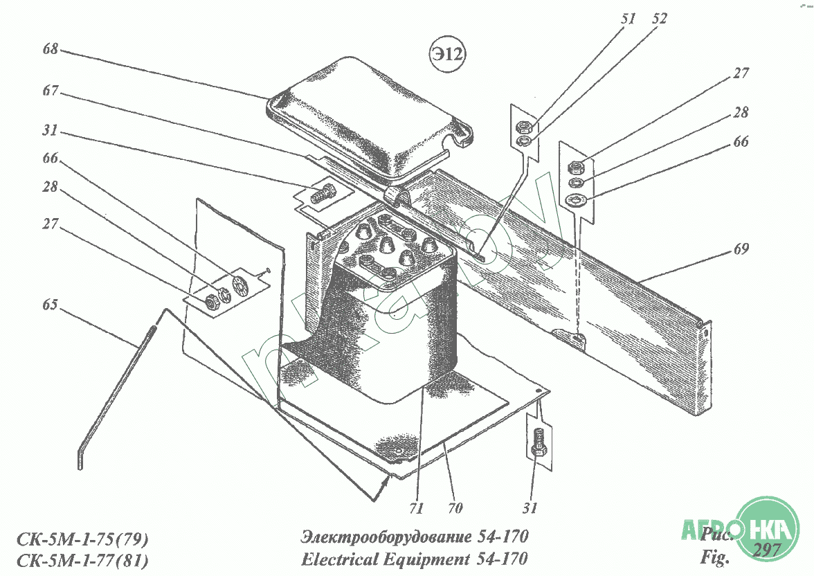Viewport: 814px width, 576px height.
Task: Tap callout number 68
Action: click(51, 50)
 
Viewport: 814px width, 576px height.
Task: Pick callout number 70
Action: click(455, 509)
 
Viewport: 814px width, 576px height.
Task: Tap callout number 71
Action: click(415, 509)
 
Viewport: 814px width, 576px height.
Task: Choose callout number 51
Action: click(628, 19)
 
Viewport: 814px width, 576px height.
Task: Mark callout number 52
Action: click(659, 19)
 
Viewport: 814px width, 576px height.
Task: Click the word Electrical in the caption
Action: click(340, 559)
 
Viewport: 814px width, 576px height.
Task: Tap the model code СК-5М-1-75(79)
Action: click(82, 539)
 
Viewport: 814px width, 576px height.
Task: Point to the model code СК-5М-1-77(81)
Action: click(82, 559)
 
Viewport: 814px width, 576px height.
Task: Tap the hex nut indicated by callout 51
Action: click(524, 127)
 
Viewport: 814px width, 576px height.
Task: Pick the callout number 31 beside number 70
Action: click(530, 509)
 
